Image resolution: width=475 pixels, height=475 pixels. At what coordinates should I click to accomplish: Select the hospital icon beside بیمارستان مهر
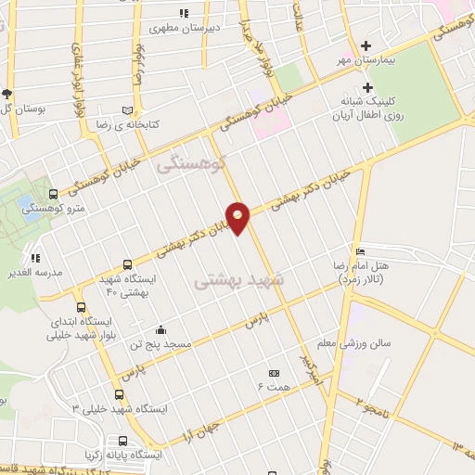[x=366, y=45]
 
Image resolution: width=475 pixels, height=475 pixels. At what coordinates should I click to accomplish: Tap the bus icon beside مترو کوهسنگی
[x=52, y=194]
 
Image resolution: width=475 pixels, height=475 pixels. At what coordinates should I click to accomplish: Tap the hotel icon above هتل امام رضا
[x=360, y=252]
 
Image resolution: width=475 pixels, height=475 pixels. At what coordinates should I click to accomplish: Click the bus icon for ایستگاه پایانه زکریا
[x=122, y=441]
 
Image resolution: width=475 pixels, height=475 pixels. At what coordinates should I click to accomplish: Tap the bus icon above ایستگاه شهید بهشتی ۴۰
[x=127, y=263]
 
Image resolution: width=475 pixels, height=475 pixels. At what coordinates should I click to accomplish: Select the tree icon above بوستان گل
[x=7, y=94]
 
